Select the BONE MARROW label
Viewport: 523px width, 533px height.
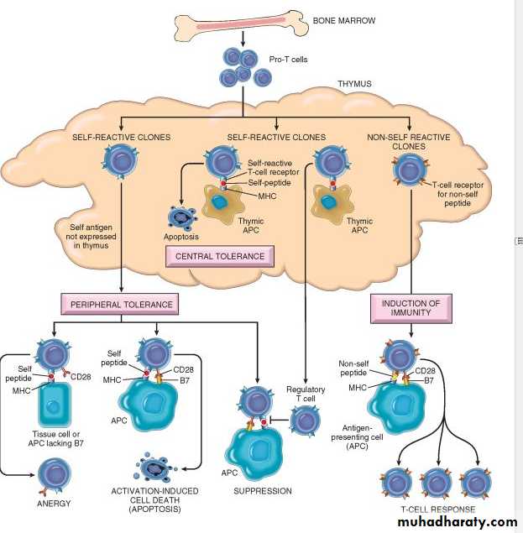343,19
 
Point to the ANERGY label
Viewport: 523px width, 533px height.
54,503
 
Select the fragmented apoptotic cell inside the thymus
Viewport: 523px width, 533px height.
182,216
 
